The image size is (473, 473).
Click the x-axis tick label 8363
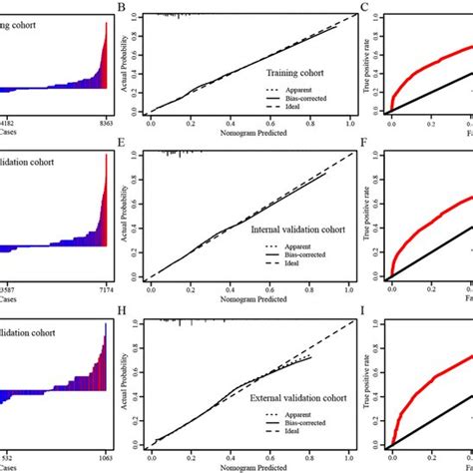tap(104, 120)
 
